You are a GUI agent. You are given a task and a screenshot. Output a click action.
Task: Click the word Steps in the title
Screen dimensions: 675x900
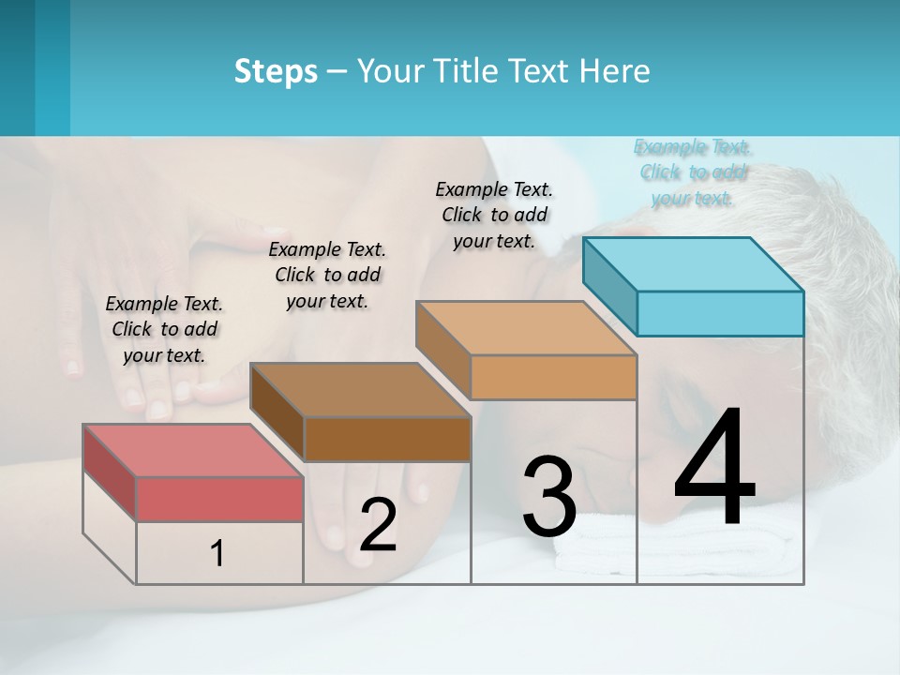pos(276,71)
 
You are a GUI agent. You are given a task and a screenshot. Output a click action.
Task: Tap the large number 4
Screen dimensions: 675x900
pos(714,469)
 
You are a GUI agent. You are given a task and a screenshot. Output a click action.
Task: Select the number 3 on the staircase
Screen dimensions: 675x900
pos(549,497)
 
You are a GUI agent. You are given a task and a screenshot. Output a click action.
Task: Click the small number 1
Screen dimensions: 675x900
pos(217,554)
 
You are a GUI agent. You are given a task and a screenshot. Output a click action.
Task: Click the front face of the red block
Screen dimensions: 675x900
pos(219,499)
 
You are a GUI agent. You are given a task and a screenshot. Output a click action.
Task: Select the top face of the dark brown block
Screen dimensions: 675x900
pos(361,389)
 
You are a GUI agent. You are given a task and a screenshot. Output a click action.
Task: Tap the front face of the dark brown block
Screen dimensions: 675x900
pos(387,439)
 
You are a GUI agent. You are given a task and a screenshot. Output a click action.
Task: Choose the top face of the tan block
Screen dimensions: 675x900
pos(527,328)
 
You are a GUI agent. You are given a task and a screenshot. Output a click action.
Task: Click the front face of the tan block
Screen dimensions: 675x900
pos(553,378)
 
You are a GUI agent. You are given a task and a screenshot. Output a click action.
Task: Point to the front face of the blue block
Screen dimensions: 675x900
pos(720,313)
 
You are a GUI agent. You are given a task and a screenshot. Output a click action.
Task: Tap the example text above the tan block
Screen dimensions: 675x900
pos(494,215)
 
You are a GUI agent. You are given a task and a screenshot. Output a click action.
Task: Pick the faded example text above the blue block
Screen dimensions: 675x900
pos(693,172)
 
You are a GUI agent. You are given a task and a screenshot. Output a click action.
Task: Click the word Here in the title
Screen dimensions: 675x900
pos(616,71)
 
